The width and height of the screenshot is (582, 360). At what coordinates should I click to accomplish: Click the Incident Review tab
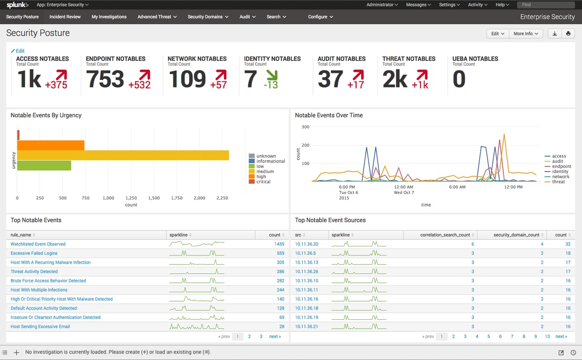pos(65,17)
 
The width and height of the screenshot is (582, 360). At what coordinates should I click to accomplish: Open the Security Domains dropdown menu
pos(208,17)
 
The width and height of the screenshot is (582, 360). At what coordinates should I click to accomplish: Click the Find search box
pos(545,5)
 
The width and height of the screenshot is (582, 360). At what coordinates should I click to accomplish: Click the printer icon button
pos(568,34)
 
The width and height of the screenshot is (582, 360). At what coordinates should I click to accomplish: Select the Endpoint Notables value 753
pos(105,79)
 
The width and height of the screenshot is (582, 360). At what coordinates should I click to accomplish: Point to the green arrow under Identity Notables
pos(271,75)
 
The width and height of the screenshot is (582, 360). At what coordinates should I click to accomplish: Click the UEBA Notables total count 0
pos(459,79)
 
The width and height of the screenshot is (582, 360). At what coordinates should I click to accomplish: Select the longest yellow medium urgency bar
pos(123,155)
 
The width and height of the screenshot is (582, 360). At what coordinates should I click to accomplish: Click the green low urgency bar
pos(44,166)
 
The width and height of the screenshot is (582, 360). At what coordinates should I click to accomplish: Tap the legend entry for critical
pos(263,181)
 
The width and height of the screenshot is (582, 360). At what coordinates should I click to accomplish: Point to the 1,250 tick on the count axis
pos(131,198)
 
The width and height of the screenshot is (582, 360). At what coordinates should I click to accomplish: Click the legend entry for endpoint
pos(561,166)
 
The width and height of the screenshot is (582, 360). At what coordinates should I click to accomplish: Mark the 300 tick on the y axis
pos(305,127)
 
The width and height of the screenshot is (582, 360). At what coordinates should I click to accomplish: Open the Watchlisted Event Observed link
pos(38,244)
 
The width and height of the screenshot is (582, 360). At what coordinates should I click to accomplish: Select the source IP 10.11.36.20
pos(306,244)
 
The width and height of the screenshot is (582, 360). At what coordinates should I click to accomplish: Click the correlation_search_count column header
pos(445,235)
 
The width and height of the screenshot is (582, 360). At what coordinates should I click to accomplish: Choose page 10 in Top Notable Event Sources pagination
pos(547,336)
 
